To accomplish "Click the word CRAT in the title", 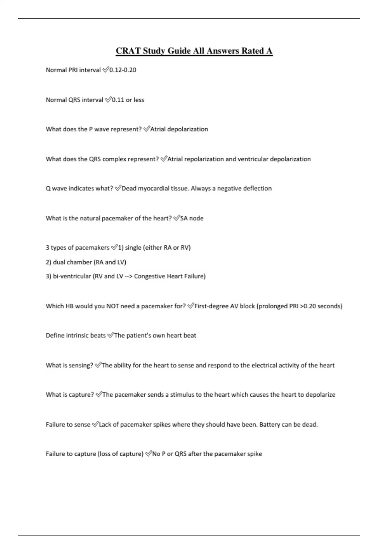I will point(128,51).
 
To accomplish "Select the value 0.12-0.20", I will point(123,70).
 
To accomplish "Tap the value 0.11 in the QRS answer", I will point(118,100).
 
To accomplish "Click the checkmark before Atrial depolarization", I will point(146,129).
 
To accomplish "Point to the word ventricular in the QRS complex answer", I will point(253,159).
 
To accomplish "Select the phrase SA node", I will point(192,218).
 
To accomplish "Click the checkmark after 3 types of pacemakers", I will point(114,248).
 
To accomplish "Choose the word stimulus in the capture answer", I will point(182,394).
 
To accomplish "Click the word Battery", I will point(270,424).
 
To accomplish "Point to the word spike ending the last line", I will point(255,454).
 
